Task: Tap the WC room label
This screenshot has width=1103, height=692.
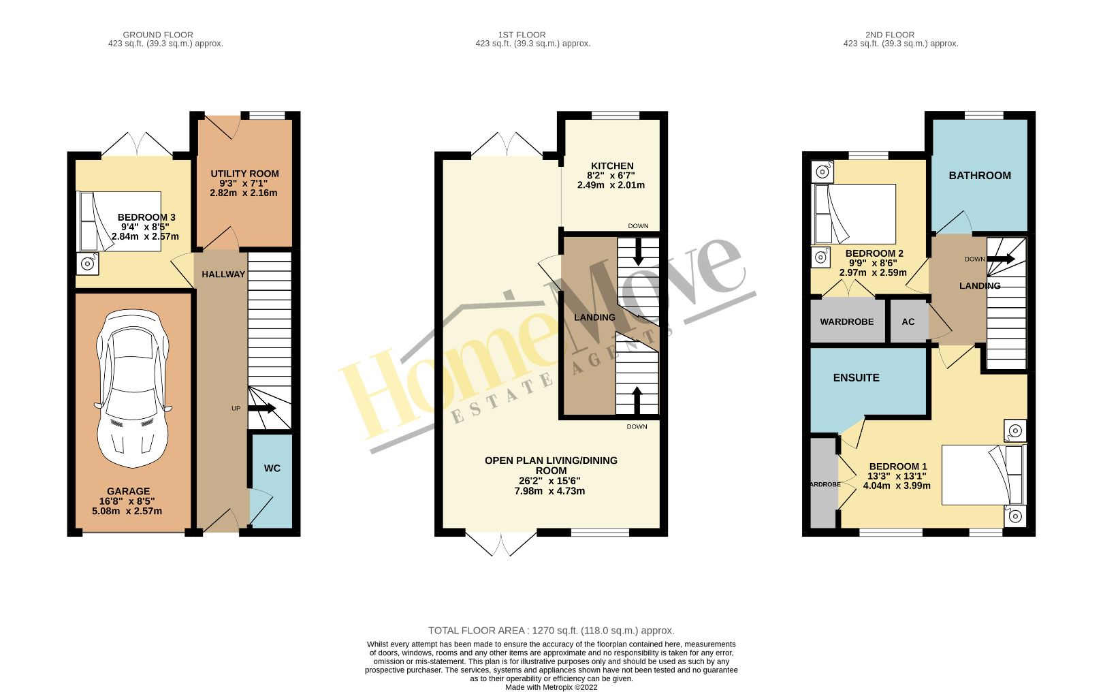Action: click(272, 468)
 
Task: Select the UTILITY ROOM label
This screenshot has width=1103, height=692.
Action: click(244, 174)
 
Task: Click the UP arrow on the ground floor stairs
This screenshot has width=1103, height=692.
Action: click(261, 409)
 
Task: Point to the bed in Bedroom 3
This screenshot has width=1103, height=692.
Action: click(120, 221)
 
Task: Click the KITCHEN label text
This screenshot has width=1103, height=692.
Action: click(612, 166)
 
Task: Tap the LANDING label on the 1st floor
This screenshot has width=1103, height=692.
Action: click(594, 317)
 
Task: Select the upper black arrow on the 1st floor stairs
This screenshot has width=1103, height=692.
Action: click(638, 253)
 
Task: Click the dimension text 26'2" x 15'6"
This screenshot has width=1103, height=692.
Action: click(549, 480)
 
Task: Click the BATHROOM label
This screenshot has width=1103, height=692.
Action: click(980, 175)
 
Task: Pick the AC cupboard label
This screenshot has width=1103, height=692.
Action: click(908, 321)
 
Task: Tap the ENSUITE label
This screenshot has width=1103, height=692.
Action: click(856, 377)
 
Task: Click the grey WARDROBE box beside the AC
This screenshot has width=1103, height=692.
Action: click(846, 321)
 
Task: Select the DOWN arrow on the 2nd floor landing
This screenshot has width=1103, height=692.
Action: click(1002, 259)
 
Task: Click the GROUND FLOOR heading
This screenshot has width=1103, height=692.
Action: click(158, 35)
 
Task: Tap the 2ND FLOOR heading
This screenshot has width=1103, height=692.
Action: click(890, 35)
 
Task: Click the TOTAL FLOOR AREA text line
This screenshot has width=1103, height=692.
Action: click(551, 631)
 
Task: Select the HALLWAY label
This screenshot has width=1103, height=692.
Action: click(223, 274)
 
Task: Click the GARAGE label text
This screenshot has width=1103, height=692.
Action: click(128, 491)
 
